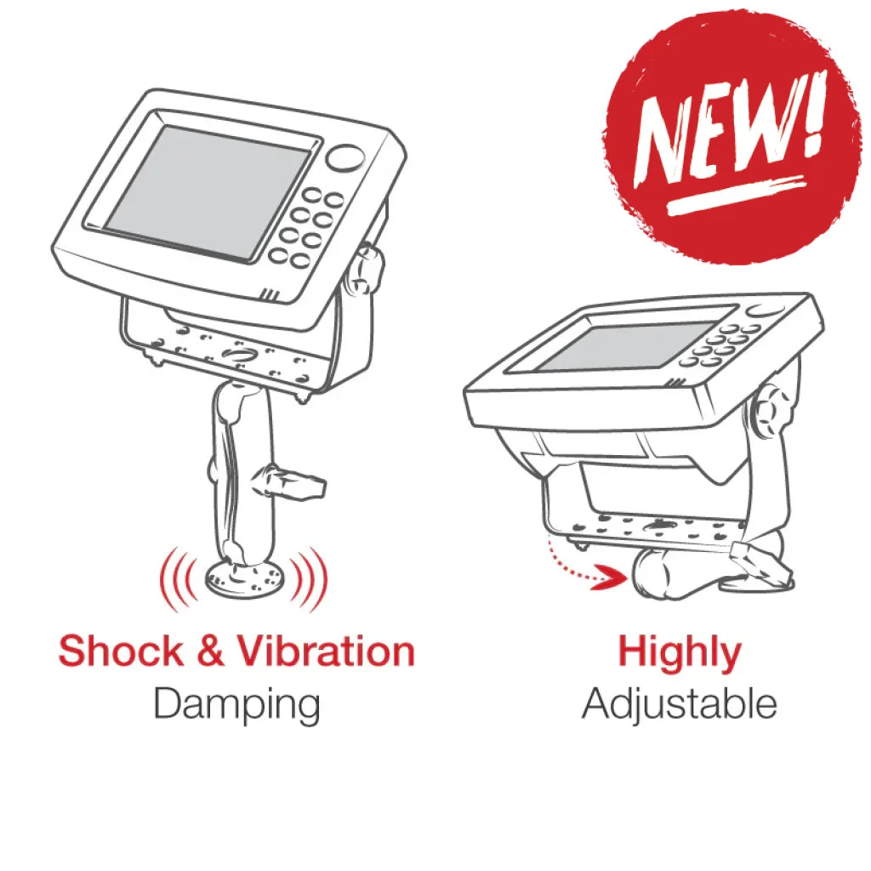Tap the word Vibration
coord(326,652)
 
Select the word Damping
coord(236,704)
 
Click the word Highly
coord(679,653)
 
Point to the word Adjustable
coord(679,704)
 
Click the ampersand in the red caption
coord(209,652)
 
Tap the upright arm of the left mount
coord(243,476)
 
